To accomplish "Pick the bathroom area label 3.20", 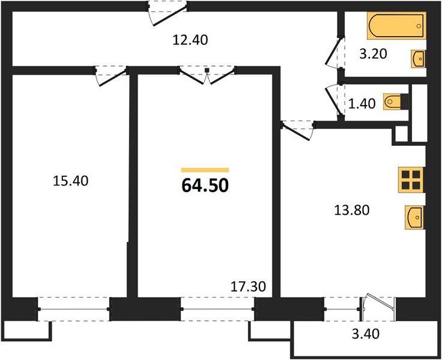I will [x=372, y=55].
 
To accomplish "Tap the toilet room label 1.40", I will [x=362, y=103].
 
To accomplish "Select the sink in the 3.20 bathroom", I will [x=419, y=59].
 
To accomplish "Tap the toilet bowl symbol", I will [x=395, y=101].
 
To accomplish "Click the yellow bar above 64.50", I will [x=205, y=170].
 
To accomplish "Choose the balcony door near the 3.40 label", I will [x=378, y=306].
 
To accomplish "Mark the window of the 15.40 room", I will [x=74, y=308].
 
